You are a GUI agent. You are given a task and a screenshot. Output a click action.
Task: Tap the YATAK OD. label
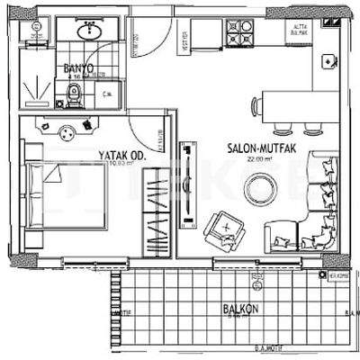tap(122, 156)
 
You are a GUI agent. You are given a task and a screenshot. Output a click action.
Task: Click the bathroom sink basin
tap(89, 31)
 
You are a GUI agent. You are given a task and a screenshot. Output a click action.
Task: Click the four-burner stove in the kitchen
tap(239, 38)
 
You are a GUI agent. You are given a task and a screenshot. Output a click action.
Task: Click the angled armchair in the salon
tap(221, 229)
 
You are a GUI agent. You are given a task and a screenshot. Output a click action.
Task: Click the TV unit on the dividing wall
tap(187, 180)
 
